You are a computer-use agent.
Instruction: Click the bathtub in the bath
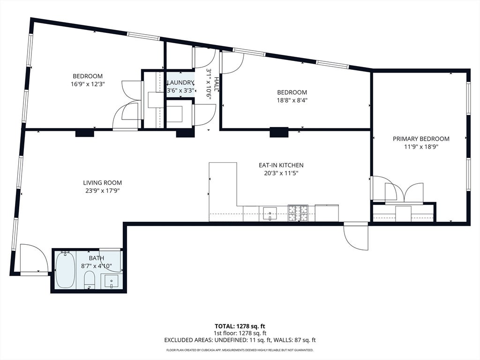pyautogui.click(x=66, y=270)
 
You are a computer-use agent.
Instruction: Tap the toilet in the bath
pyautogui.click(x=90, y=280)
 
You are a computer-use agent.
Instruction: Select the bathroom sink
pyautogui.click(x=111, y=281)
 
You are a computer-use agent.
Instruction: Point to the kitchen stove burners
pyautogui.click(x=298, y=213)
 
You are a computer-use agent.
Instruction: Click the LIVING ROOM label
pyautogui.click(x=103, y=183)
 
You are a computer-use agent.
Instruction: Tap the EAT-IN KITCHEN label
pyautogui.click(x=281, y=165)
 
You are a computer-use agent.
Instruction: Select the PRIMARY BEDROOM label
pyautogui.click(x=421, y=139)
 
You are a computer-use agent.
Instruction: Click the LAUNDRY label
pyautogui.click(x=180, y=82)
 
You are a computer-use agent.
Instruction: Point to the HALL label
pyautogui.click(x=217, y=84)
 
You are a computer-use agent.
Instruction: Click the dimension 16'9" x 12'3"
pyautogui.click(x=88, y=84)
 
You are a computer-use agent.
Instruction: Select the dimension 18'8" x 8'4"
pyautogui.click(x=292, y=100)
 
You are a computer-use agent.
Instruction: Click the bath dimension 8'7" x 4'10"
pyautogui.click(x=97, y=266)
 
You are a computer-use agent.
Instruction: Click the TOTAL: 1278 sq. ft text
pyautogui.click(x=240, y=326)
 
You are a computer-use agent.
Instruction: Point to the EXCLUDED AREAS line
pyautogui.click(x=240, y=340)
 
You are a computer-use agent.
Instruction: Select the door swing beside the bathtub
pyautogui.click(x=34, y=258)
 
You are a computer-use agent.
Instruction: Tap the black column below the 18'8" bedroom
pyautogui.click(x=279, y=132)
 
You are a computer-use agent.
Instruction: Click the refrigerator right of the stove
pyautogui.click(x=327, y=213)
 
